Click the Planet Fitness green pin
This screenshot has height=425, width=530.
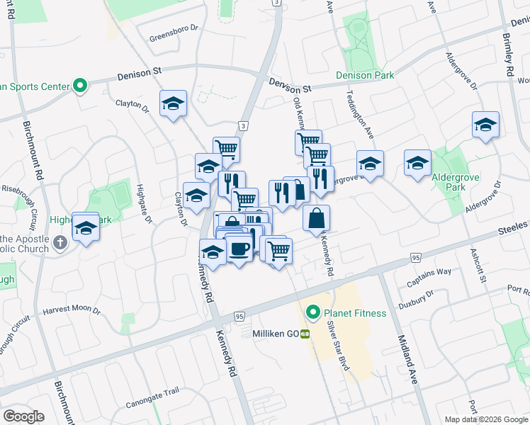coord(311,312)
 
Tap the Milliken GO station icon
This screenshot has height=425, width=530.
coord(305,333)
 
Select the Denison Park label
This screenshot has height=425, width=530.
coord(364,74)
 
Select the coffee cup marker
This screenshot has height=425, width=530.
coord(239,249)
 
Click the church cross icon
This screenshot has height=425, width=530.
coord(60,243)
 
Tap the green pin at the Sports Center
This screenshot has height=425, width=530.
coord(79,86)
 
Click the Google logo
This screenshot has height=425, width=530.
coord(23,416)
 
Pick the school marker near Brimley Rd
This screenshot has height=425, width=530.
coord(485,125)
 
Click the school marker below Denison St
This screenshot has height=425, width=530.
coord(173,104)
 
